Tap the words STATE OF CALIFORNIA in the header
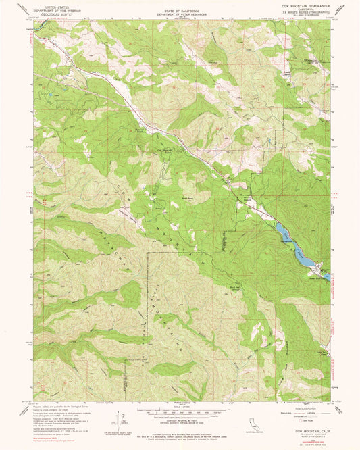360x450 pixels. coord(179,12)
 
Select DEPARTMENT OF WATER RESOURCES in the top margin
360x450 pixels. coord(179,16)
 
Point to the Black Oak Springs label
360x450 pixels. coord(234,287)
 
